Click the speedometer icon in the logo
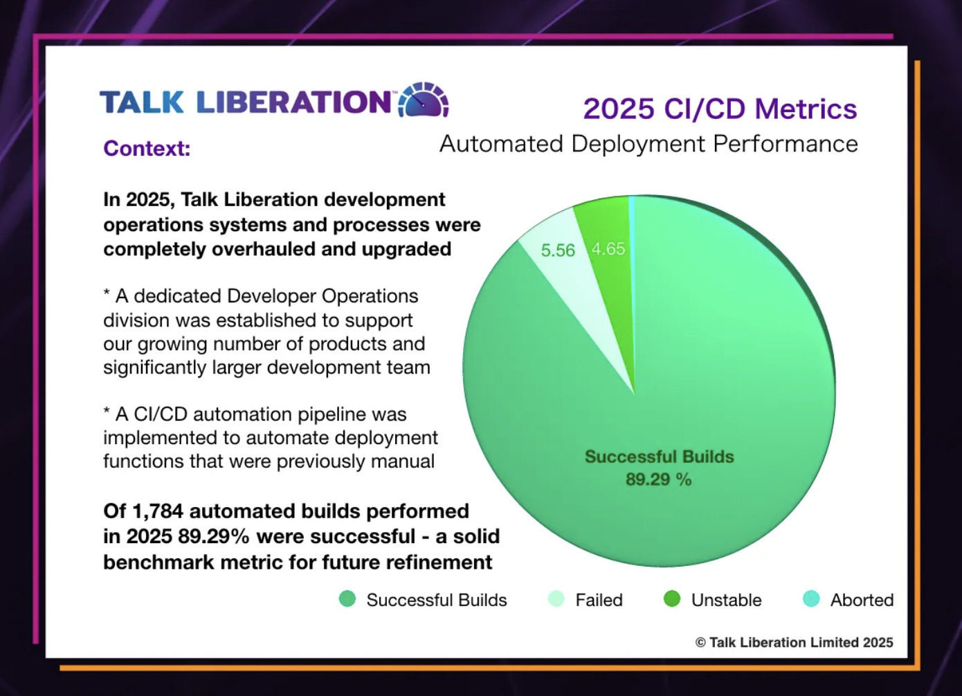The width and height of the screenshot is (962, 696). click(424, 100)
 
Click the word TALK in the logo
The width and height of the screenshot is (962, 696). click(142, 102)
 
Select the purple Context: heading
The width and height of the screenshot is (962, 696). click(147, 148)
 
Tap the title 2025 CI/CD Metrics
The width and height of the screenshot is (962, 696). click(720, 109)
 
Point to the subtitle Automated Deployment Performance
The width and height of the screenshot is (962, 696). click(648, 144)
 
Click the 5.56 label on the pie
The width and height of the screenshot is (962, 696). click(558, 250)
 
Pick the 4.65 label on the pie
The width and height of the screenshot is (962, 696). click(608, 249)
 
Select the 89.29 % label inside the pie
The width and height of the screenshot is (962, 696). click(658, 479)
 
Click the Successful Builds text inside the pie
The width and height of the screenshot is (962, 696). click(659, 457)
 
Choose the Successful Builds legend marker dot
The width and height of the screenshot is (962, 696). click(347, 599)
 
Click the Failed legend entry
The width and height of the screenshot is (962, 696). click(599, 600)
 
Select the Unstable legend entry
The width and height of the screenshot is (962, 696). click(726, 600)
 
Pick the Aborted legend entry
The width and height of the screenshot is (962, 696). click(862, 600)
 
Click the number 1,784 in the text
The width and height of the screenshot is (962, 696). click(158, 511)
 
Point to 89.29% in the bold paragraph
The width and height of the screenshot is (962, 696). click(213, 537)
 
